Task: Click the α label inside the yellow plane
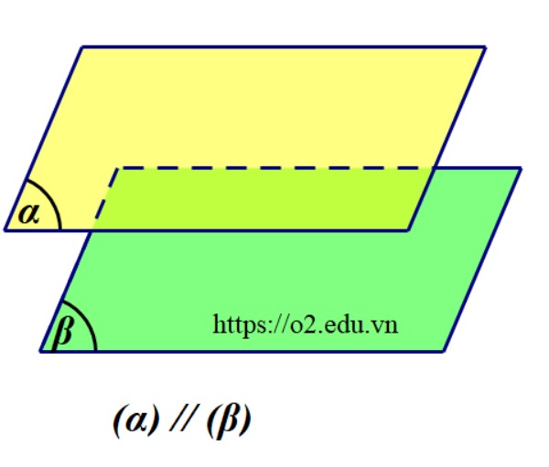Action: [28, 214]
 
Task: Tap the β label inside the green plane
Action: [64, 330]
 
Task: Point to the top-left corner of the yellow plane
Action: [82, 47]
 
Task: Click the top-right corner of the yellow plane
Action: [485, 47]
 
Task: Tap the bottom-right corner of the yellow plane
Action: [407, 230]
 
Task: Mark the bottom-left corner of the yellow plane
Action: [5, 230]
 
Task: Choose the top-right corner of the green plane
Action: [521, 168]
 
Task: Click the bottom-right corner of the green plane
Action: [444, 351]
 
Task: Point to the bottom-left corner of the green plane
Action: [40, 351]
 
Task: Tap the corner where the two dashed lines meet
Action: [117, 168]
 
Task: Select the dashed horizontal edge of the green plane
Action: [274, 168]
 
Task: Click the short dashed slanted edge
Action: [104, 199]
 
